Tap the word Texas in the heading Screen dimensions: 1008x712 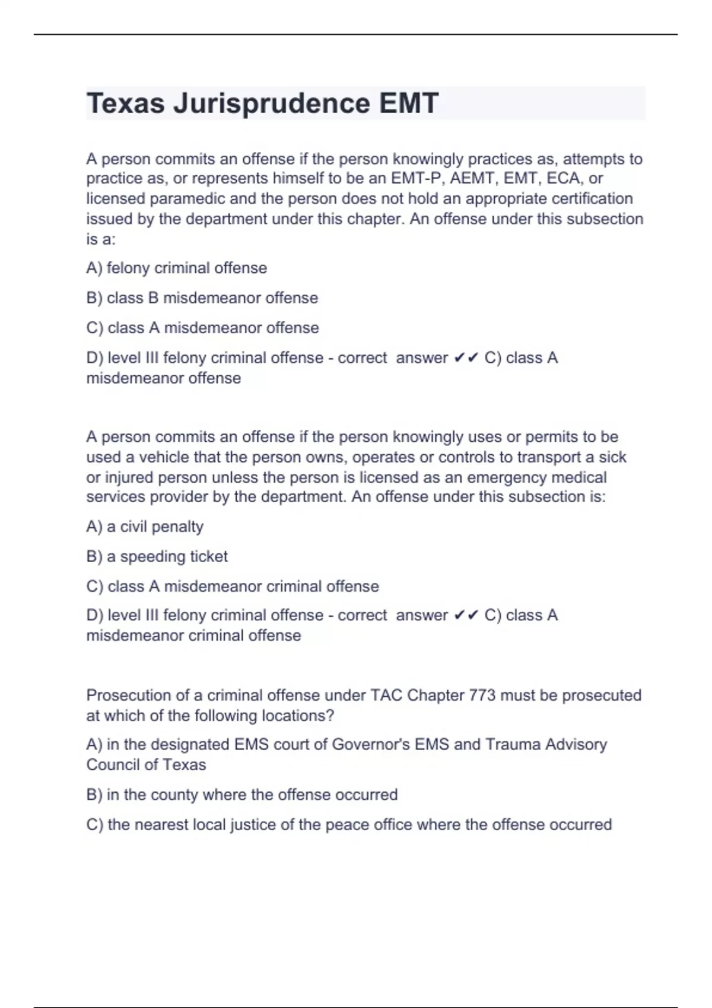[125, 104]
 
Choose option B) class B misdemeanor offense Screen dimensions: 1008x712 [202, 298]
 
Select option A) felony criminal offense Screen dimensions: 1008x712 [176, 268]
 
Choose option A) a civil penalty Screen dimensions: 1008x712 [145, 527]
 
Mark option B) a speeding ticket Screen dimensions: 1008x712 [157, 556]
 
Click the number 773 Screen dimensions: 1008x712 [482, 695]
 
